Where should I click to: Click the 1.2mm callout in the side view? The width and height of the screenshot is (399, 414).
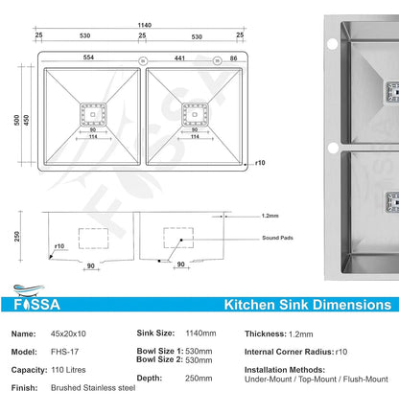pyautogui.click(x=271, y=216)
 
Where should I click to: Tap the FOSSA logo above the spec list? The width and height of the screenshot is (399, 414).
pyautogui.click(x=35, y=305)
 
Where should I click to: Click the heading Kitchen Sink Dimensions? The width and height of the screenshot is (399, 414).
pyautogui.click(x=307, y=305)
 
